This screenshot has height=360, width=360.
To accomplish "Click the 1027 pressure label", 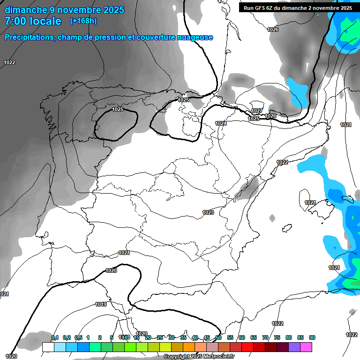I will point(256,111).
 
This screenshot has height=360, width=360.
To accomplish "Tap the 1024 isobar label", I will point(221,123).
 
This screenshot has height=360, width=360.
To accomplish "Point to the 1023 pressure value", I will point(208,212).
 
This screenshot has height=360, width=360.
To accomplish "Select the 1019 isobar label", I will point(101,304).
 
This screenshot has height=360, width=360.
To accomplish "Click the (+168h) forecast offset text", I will point(83,21).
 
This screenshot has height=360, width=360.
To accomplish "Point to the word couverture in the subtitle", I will point(153,37).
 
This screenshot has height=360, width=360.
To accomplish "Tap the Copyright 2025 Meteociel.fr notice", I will point(199,357).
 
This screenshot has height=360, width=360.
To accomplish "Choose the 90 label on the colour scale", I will point(312,337).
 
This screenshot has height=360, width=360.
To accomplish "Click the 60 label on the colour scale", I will point(242,337).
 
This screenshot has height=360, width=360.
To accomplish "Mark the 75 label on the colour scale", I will point(277,337).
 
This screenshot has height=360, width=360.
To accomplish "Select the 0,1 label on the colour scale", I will point(55,337).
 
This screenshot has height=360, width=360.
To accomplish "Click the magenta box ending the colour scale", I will point(306,347).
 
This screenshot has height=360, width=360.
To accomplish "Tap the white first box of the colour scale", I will point(48,347).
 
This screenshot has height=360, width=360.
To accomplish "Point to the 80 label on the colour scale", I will point(289,337).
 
